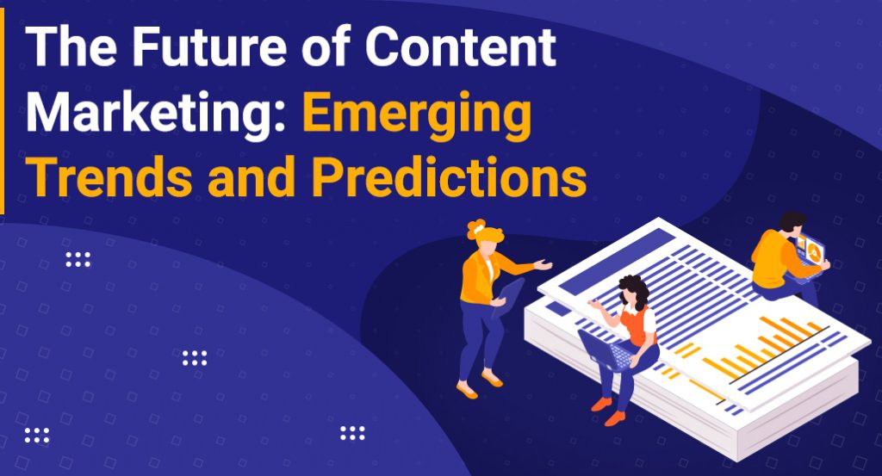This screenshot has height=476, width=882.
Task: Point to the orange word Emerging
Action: pyautogui.click(x=416, y=117)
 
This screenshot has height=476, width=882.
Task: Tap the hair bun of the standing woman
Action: pyautogui.click(x=476, y=229)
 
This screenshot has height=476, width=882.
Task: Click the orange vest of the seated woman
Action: pyautogui.click(x=638, y=325)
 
